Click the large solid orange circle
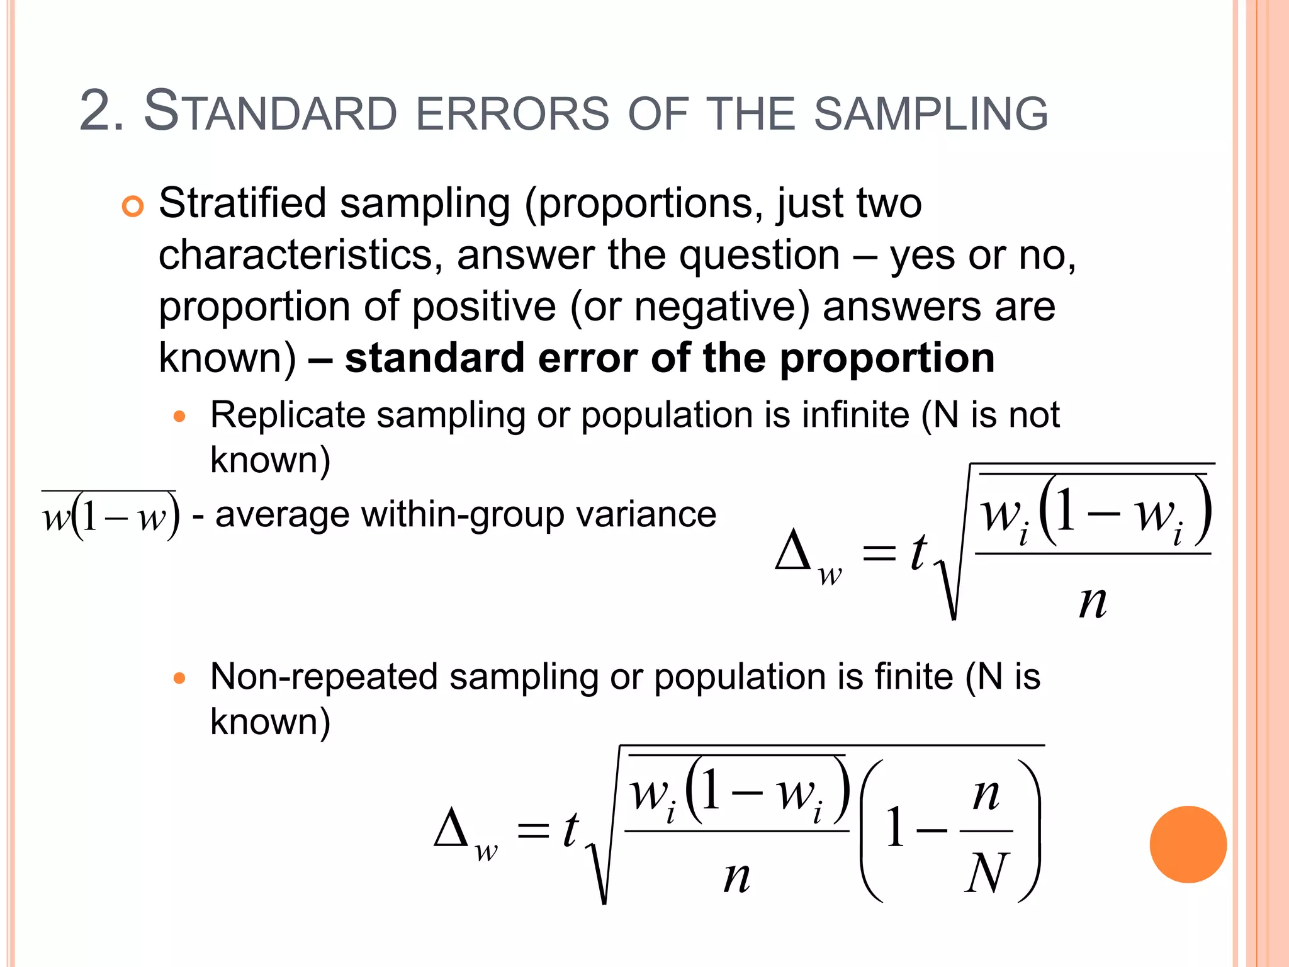1188,844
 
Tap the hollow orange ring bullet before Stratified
133,206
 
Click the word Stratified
242,203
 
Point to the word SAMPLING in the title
930,114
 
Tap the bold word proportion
887,359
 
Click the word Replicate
288,415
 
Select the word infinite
855,415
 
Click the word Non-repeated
324,677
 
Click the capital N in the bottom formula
986,873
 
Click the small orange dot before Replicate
180,416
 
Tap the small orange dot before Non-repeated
180,678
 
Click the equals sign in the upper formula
879,553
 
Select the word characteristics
295,256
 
